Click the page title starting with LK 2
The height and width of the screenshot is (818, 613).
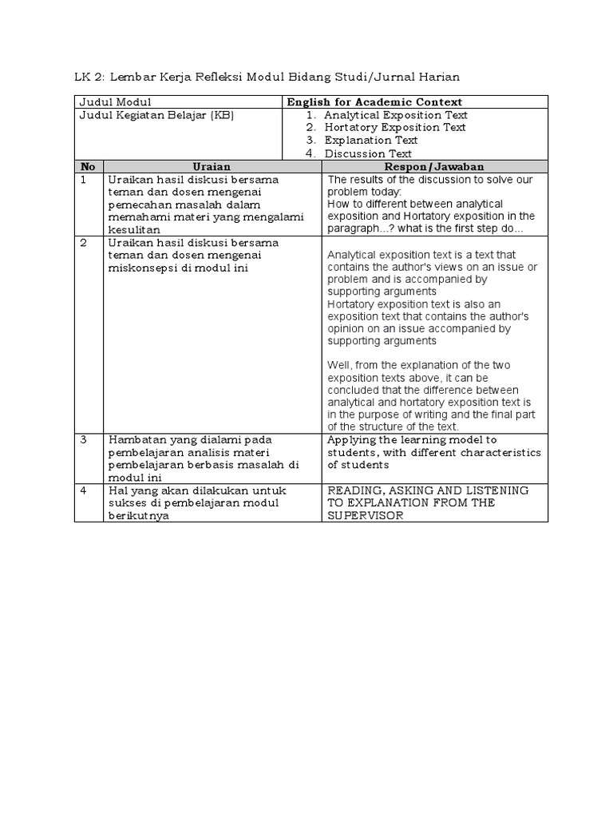tap(267, 77)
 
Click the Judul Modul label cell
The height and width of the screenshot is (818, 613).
tap(115, 102)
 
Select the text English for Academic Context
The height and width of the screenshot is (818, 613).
tap(375, 102)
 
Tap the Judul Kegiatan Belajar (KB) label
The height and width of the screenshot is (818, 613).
tap(156, 115)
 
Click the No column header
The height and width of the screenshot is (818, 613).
tap(88, 166)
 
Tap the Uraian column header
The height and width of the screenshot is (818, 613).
tap(212, 166)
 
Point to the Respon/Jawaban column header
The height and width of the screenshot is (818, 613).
tap(434, 166)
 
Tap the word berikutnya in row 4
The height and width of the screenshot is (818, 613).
tap(137, 515)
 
